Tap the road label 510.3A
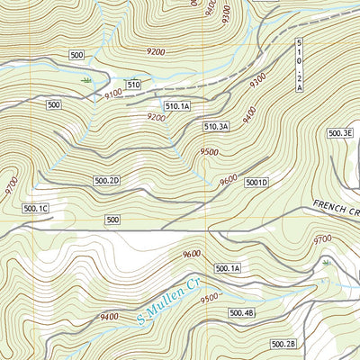[x=217, y=127]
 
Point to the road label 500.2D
[x=106, y=181]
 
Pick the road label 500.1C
[x=35, y=208]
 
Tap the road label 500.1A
[x=229, y=268]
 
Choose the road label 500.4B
[x=242, y=312]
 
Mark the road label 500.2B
[x=283, y=344]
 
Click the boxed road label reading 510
[x=133, y=85]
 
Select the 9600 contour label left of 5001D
[x=228, y=178]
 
